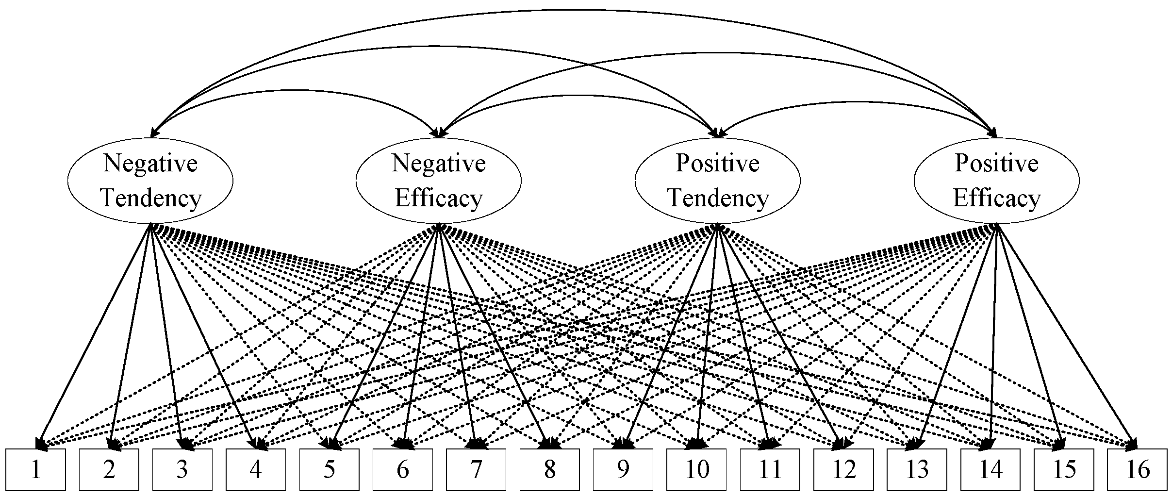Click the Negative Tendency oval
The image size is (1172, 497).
pyautogui.click(x=150, y=181)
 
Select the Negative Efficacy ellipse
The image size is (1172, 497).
pyautogui.click(x=438, y=181)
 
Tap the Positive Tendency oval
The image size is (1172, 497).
pyautogui.click(x=717, y=181)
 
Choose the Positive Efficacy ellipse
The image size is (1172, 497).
pyautogui.click(x=996, y=181)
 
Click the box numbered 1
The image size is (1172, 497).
pyautogui.click(x=36, y=469)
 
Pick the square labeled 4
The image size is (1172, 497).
pyautogui.click(x=256, y=469)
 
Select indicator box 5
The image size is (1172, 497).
pyautogui.click(x=330, y=469)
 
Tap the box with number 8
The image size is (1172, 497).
pyautogui.click(x=549, y=469)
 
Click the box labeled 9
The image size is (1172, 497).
pyautogui.click(x=623, y=469)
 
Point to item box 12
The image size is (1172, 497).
pyautogui.click(x=843, y=469)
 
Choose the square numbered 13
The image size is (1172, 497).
pyautogui.click(x=917, y=469)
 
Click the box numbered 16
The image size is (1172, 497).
pyautogui.click(x=1137, y=469)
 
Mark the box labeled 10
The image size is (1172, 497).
pyautogui.click(x=696, y=469)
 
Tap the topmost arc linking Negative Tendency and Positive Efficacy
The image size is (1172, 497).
pyautogui.click(x=573, y=11)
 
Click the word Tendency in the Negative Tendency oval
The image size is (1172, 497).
pyautogui.click(x=150, y=198)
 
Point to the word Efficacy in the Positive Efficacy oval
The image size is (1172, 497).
pyautogui.click(x=996, y=198)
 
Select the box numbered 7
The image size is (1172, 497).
pyautogui.click(x=476, y=469)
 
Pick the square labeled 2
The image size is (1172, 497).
pyautogui.click(x=109, y=469)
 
